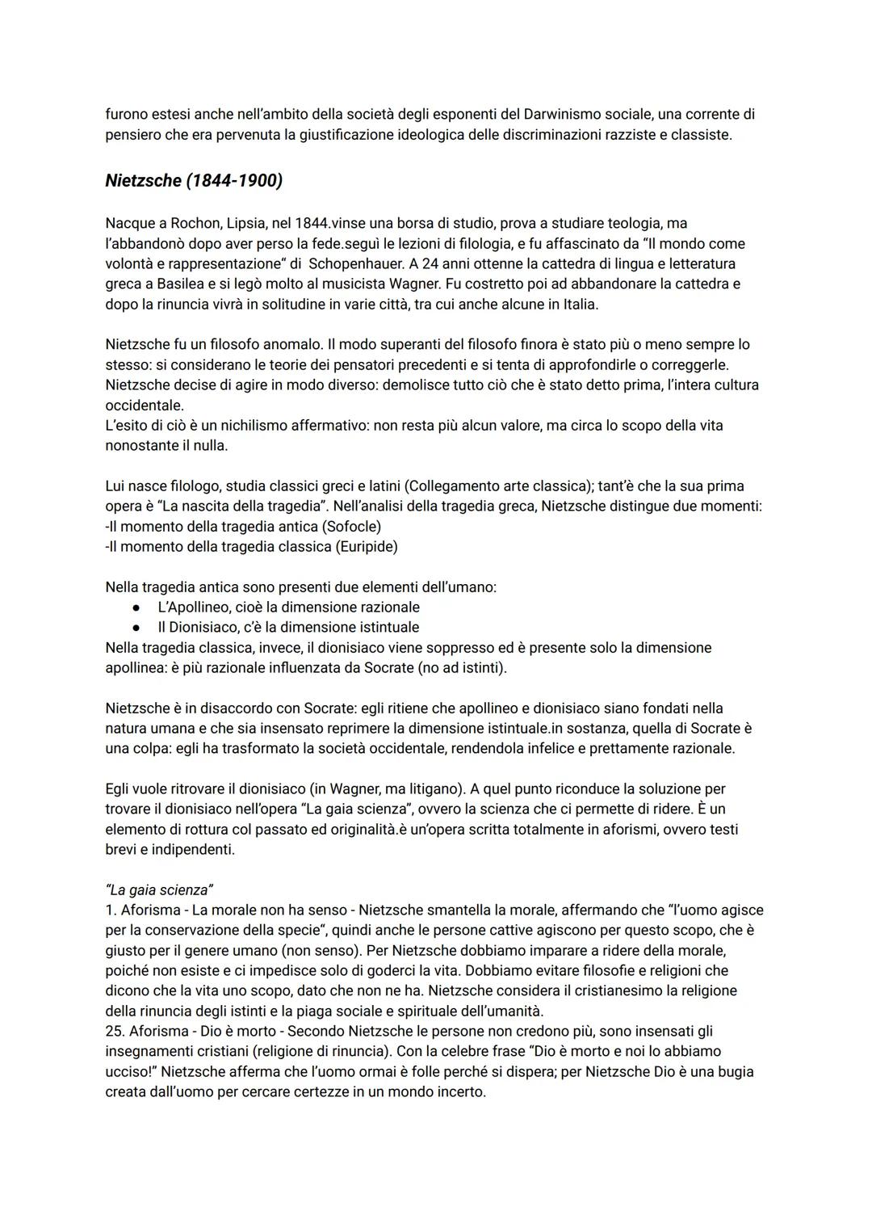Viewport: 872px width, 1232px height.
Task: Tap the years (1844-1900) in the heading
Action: click(x=234, y=181)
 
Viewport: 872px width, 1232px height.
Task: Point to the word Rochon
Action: click(x=192, y=223)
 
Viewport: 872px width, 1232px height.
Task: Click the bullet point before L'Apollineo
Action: click(x=138, y=607)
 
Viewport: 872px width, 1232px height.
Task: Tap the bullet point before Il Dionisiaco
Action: click(x=138, y=627)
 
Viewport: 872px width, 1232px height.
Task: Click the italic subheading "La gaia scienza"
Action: click(x=159, y=890)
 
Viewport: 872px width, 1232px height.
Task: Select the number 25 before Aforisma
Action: click(x=113, y=1031)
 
